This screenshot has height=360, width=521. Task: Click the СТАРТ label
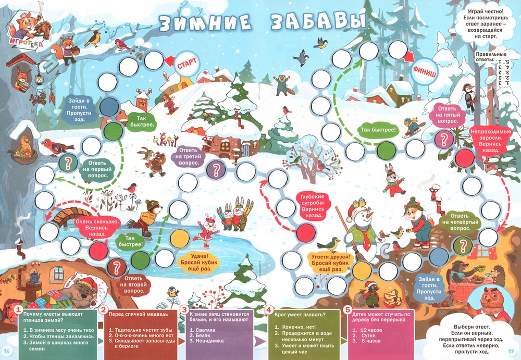pos(187,65)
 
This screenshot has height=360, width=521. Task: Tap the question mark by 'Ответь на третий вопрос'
pos(215,169)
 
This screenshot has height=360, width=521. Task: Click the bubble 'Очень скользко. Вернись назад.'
pos(97,227)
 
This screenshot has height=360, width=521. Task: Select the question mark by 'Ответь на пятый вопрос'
pos(443,139)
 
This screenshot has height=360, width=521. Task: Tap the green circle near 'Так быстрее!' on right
pos(386,150)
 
